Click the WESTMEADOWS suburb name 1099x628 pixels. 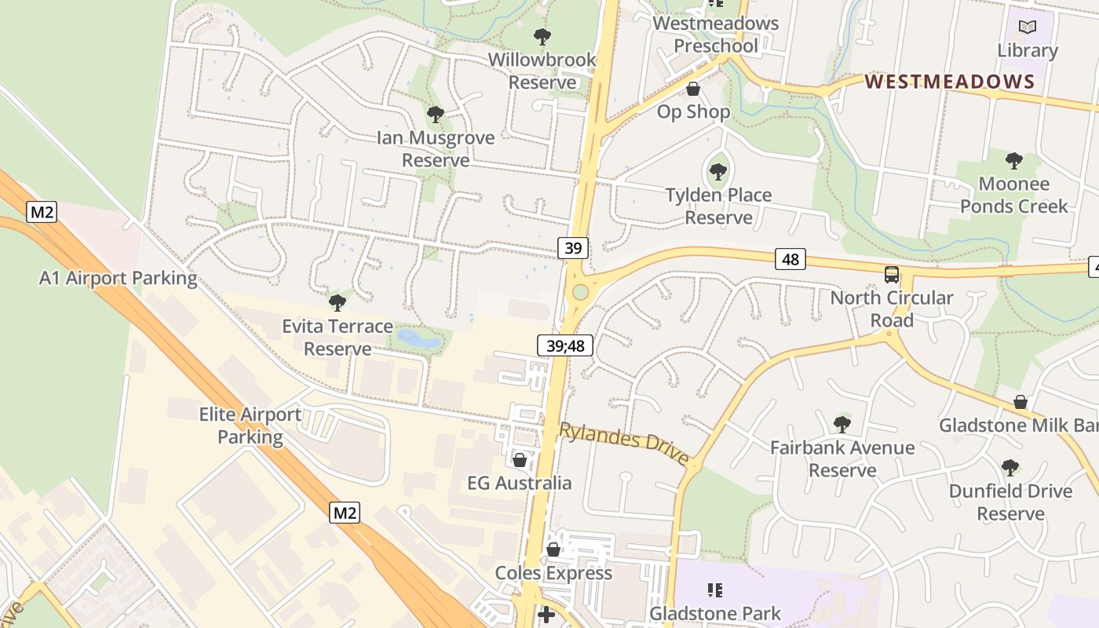pyautogui.click(x=950, y=82)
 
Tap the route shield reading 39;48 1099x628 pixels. pyautogui.click(x=565, y=345)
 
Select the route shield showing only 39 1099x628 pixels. pyautogui.click(x=573, y=248)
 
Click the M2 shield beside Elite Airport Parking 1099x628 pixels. pyautogui.click(x=345, y=513)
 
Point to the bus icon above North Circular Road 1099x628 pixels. pyautogui.click(x=892, y=275)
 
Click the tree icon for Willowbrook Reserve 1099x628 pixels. pyautogui.click(x=542, y=36)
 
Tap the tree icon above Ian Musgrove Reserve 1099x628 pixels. pyautogui.click(x=436, y=115)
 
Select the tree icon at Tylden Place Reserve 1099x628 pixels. pyautogui.click(x=718, y=171)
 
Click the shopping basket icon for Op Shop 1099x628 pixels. pyautogui.click(x=693, y=89)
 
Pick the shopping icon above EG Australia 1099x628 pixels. pyautogui.click(x=520, y=459)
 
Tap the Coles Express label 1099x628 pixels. pyautogui.click(x=553, y=573)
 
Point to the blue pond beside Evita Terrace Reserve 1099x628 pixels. pyautogui.click(x=418, y=339)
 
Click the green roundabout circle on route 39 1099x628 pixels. pyautogui.click(x=580, y=292)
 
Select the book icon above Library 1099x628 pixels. pyautogui.click(x=1028, y=27)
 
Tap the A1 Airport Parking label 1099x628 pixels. pyautogui.click(x=119, y=278)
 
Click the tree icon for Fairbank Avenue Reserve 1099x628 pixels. pyautogui.click(x=842, y=425)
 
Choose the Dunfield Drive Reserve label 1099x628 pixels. pyautogui.click(x=1010, y=502)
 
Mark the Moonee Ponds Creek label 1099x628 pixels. pyautogui.click(x=1013, y=195)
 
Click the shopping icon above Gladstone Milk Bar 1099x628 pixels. pyautogui.click(x=1020, y=402)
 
